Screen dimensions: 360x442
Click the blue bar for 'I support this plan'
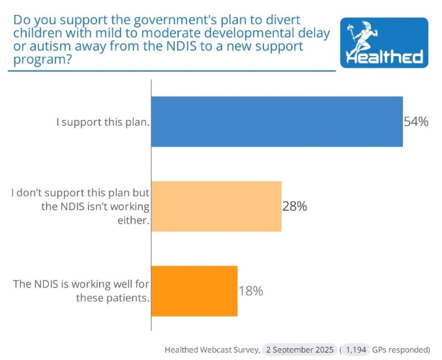point(276,121)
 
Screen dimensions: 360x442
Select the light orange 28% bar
point(216,206)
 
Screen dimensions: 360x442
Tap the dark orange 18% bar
point(194,291)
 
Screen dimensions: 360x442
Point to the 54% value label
point(415,121)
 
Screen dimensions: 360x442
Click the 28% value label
point(294,206)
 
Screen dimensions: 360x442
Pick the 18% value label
point(250,291)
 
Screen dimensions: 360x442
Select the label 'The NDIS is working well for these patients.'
point(81,291)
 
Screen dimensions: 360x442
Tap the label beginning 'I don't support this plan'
point(81,207)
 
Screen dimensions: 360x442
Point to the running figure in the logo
point(360,36)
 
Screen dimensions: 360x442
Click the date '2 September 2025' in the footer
point(301,349)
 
